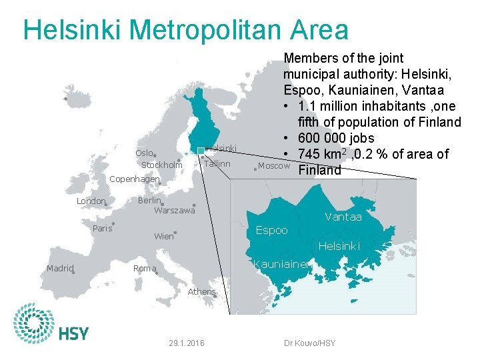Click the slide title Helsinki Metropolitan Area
pos(185,30)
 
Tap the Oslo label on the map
pos(145,153)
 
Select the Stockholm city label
pos(161,165)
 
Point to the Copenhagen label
pos(134,179)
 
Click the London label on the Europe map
pos(91,201)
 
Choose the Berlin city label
pos(149,201)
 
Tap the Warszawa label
pos(174,211)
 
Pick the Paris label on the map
pos(102,228)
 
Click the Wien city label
pos(163,236)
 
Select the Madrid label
pos(60,269)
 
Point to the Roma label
pos(145,269)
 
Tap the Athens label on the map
pos(201,291)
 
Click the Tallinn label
pos(217,164)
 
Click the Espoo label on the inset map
pos(272,230)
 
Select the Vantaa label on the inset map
pos(343,217)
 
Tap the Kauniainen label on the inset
pos(281,264)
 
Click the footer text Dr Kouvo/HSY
pos(309,343)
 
